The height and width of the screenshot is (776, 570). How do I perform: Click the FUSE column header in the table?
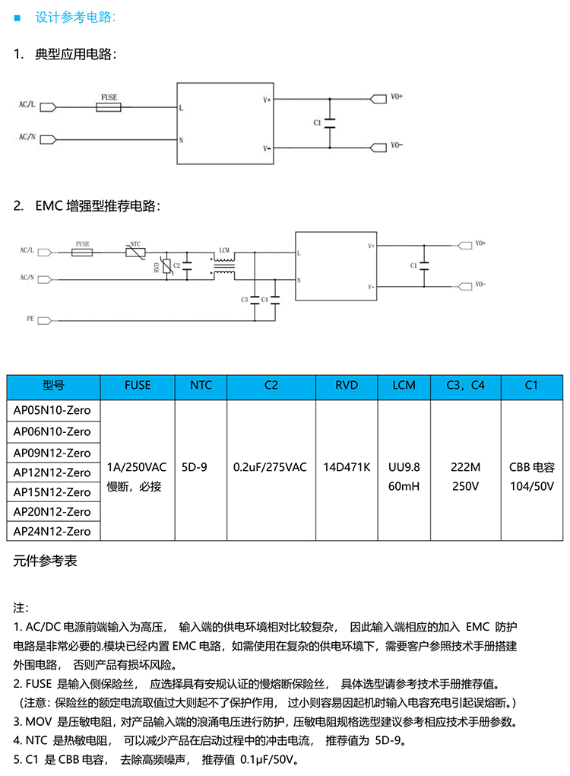(138, 386)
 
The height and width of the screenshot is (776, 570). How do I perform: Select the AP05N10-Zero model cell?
(52, 410)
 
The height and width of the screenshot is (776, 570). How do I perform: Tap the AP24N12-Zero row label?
(52, 531)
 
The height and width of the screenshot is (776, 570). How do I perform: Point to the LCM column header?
(404, 386)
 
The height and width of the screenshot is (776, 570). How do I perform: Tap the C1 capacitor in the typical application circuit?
(329, 122)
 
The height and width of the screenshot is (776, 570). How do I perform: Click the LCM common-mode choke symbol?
(223, 266)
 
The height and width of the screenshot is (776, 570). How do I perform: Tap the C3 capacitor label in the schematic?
(245, 300)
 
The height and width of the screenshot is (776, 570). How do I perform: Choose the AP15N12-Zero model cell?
(52, 491)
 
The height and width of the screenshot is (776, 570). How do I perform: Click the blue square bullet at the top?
(17, 17)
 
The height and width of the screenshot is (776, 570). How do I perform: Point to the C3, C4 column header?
(466, 386)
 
